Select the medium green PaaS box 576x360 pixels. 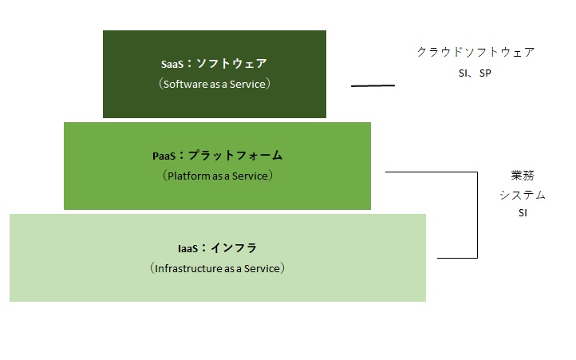(x=217, y=196)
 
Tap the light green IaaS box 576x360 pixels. (x=217, y=287)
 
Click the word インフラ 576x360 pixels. (x=235, y=248)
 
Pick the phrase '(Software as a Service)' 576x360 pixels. (x=215, y=83)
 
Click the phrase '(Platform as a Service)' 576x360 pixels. (x=217, y=175)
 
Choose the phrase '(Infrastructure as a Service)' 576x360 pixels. (x=217, y=268)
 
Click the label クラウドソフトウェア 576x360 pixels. (x=475, y=52)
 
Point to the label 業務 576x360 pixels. (x=523, y=175)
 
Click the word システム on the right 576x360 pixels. (x=523, y=195)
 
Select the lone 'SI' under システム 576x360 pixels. (x=523, y=213)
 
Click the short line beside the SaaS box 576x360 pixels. (x=373, y=85)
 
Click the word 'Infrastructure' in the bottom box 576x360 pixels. (x=188, y=268)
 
